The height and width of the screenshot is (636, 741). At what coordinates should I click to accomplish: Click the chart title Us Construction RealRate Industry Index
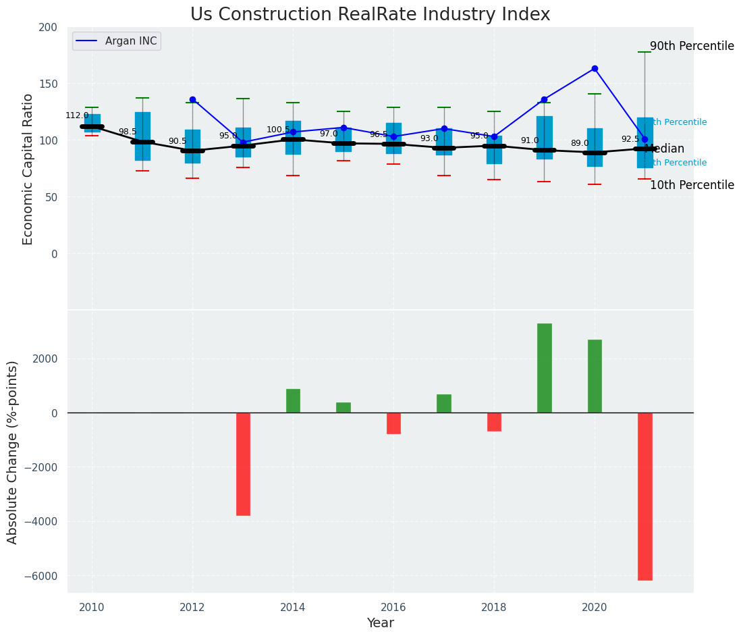pos(370,15)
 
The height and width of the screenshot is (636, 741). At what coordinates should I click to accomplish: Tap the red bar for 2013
pos(243,464)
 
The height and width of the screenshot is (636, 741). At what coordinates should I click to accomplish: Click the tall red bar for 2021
pos(644,496)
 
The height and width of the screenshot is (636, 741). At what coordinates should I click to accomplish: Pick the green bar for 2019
pos(544,368)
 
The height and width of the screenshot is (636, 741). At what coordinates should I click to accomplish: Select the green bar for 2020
pos(595,376)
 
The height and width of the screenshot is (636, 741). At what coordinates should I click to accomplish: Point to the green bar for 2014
pos(293,401)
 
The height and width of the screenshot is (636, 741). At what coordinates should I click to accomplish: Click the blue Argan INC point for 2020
pos(595,68)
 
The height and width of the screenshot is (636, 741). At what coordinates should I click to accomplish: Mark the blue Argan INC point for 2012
pos(192,99)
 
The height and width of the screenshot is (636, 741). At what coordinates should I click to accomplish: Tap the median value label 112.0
pos(77,115)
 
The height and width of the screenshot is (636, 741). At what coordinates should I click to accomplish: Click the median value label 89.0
pos(580,143)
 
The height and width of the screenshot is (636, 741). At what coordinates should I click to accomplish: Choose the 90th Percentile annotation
pos(692,47)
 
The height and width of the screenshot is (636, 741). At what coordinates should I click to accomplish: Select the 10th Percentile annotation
pos(692,185)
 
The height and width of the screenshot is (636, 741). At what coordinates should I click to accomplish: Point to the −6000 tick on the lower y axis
pos(43,576)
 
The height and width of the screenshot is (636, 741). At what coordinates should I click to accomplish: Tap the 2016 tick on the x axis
pos(393,608)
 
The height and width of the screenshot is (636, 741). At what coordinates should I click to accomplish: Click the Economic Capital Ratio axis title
pos(28,169)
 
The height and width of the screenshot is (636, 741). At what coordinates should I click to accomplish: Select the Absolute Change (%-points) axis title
pos(13,452)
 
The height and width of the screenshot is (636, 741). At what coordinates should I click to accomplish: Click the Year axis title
pos(380,623)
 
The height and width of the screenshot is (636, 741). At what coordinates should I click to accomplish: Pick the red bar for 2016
pos(393,423)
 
